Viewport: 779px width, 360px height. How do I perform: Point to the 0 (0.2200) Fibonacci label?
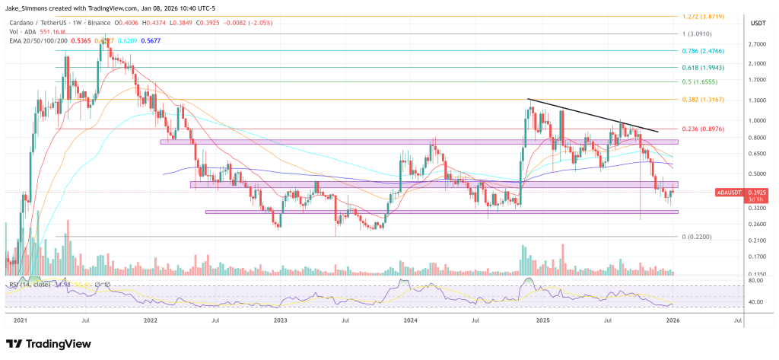click(x=697, y=237)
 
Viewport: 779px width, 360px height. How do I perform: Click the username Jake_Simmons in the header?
click(x=30, y=8)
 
